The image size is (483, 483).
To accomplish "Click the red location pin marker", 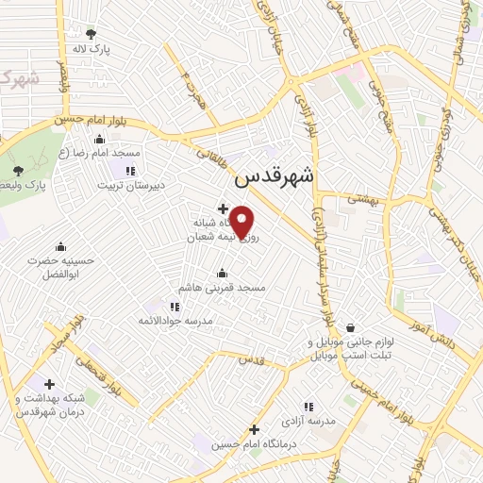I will [x=242, y=222].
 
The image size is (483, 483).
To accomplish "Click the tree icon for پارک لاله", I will [x=91, y=33].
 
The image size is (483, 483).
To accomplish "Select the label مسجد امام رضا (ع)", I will [x=99, y=153].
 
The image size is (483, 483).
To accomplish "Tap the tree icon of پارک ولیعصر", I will [x=19, y=171].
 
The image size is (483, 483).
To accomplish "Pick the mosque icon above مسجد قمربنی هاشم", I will [x=223, y=273].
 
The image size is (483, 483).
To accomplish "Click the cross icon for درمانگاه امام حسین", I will [x=254, y=429].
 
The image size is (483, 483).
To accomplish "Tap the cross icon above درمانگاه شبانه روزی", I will [x=222, y=208].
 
